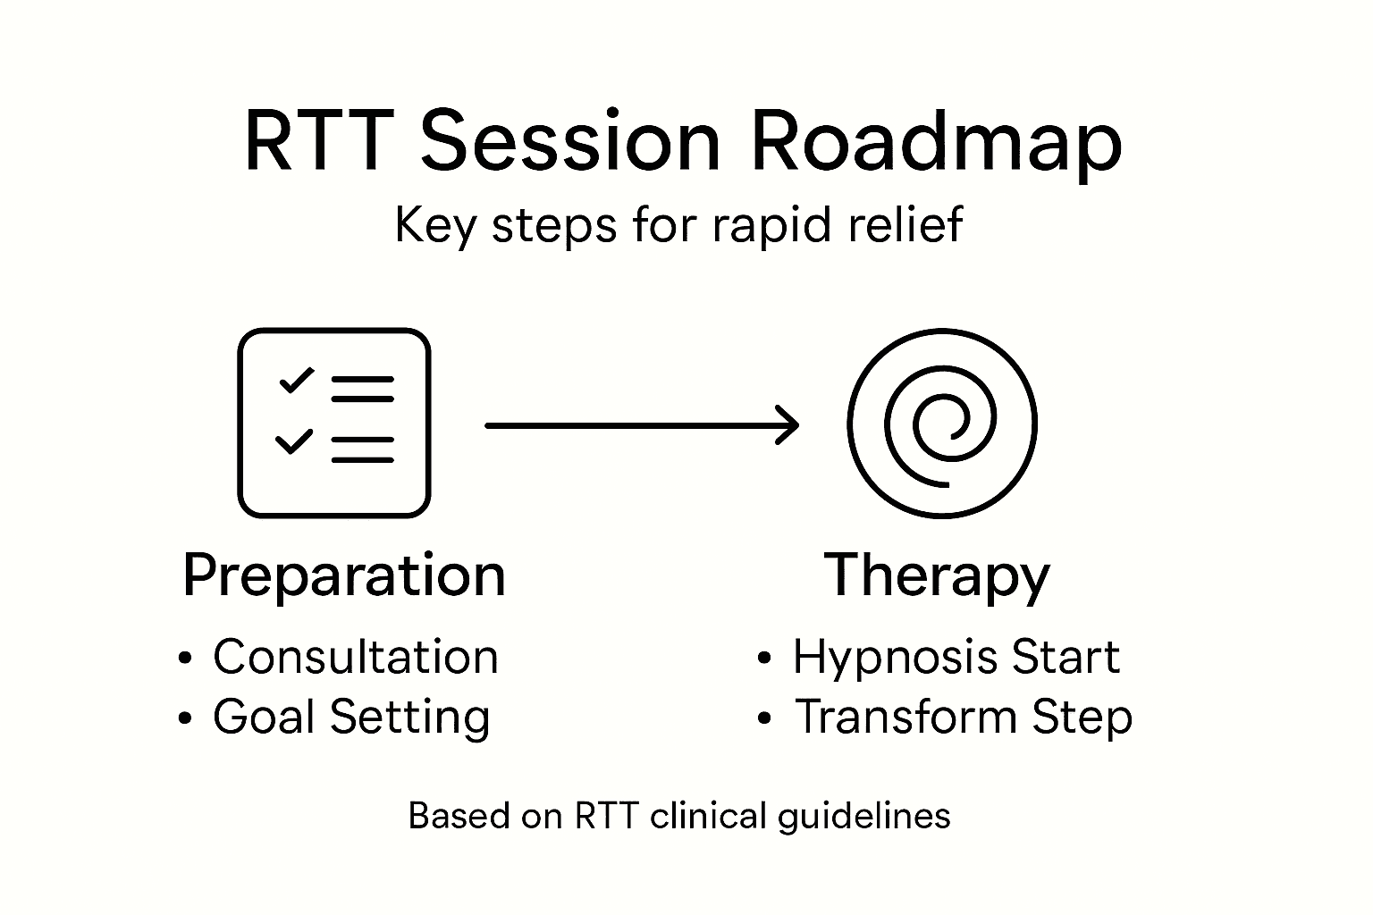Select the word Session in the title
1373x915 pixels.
tap(569, 143)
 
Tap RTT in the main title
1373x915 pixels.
tap(316, 143)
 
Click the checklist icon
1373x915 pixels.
tap(333, 423)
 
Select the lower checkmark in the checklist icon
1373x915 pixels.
tap(294, 441)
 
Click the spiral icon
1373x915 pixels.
tap(941, 423)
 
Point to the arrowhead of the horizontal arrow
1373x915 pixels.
tap(788, 425)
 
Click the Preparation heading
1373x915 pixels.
tap(344, 575)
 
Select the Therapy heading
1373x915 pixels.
tap(936, 575)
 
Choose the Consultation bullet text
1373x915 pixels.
tap(355, 658)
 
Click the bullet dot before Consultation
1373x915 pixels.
tap(185, 659)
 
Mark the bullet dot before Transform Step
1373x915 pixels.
tap(763, 718)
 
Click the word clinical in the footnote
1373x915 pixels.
tap(709, 816)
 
